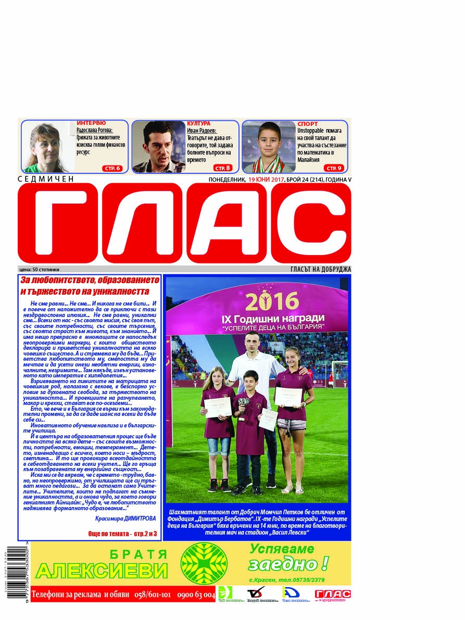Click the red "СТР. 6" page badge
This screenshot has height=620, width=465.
point(114,168)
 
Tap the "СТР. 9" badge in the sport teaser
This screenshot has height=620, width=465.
point(334,168)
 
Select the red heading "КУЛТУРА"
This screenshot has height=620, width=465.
point(198,123)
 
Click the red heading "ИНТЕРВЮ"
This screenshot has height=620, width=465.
point(91,123)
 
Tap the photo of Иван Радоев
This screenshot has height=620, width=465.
point(158,147)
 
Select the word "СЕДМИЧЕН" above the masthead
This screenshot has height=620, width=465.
point(46,179)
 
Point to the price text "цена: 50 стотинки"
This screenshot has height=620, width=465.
point(39,270)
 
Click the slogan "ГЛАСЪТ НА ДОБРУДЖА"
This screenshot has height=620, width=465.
point(321,269)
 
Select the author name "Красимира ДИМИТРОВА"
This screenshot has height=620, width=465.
point(125,518)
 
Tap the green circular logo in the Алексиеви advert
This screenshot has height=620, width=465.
point(204,563)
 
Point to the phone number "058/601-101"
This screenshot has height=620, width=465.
point(152,594)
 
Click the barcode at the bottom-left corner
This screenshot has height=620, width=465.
point(12,570)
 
